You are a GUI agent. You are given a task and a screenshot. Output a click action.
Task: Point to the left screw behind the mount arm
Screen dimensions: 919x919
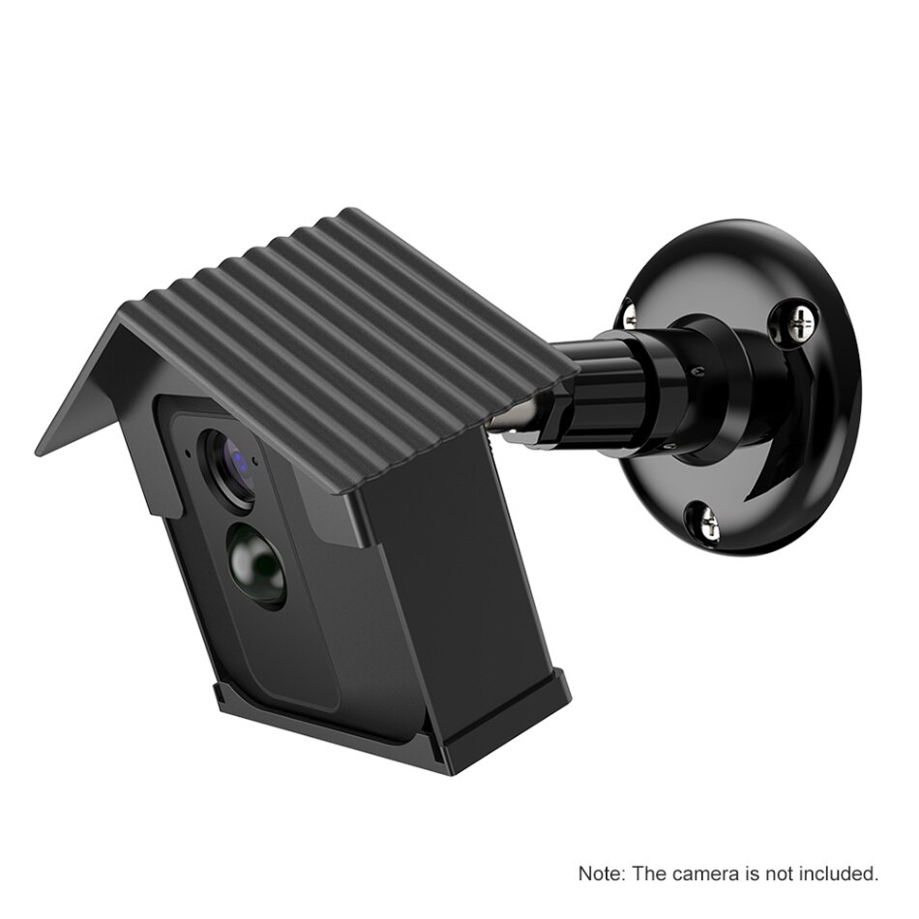[x=629, y=311]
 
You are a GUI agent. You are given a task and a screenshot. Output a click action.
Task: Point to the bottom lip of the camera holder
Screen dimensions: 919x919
[x=387, y=735]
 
